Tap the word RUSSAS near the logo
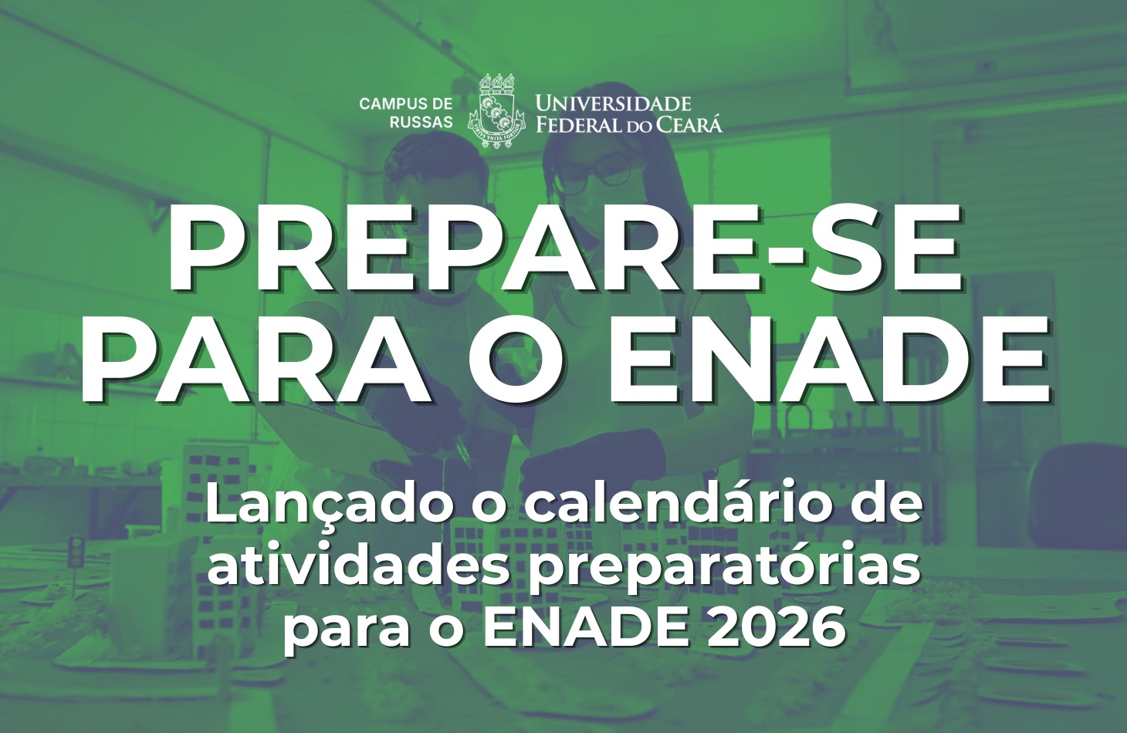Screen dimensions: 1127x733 coord(421,122)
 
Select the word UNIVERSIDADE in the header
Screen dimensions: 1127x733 coord(614,103)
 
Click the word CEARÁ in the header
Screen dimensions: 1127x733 coord(689,123)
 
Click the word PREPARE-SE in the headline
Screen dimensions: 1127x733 coord(564,250)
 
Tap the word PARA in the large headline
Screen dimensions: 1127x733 coord(257,360)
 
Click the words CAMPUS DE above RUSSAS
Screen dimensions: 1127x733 coord(406,104)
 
